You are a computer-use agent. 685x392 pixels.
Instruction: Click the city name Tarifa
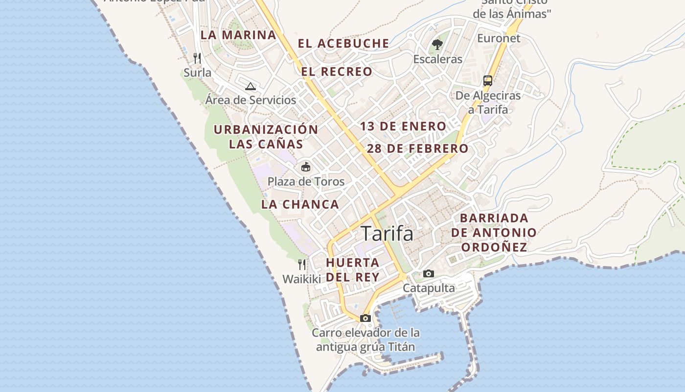387,234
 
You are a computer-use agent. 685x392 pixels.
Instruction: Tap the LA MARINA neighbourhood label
238,35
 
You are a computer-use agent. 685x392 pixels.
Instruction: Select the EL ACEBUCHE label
343,44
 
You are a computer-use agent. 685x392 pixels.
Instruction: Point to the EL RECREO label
337,72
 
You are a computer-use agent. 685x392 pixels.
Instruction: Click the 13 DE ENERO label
403,126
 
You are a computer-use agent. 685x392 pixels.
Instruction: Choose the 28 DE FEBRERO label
417,148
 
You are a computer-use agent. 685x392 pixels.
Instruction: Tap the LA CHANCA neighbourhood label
300,204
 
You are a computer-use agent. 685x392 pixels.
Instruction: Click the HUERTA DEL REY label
353,269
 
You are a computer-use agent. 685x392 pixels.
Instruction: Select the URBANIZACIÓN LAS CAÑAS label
266,137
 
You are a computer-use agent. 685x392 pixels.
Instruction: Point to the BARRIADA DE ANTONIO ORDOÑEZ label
494,232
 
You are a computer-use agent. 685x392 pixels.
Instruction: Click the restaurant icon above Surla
197,58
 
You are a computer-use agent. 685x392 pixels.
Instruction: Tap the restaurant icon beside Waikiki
302,265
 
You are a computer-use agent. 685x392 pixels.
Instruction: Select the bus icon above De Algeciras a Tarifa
488,81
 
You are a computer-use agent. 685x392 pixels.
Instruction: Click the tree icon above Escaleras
437,45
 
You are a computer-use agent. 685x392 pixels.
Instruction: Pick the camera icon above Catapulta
429,273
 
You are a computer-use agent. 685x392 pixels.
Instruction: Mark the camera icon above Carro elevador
365,318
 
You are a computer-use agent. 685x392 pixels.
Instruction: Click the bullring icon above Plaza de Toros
306,167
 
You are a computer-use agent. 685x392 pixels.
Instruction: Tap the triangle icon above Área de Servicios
251,87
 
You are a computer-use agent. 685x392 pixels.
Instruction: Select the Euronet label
499,38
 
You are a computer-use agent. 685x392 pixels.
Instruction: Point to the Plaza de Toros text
306,182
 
